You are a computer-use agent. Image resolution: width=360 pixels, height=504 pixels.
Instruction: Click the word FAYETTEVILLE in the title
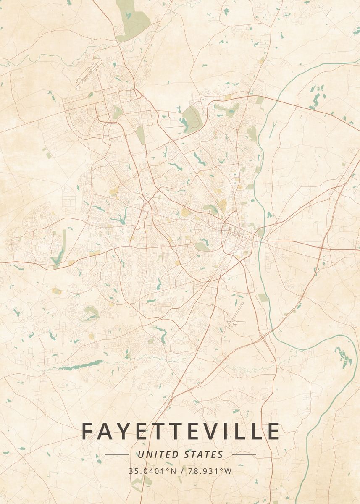180,431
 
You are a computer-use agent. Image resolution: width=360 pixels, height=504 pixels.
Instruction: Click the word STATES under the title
203,454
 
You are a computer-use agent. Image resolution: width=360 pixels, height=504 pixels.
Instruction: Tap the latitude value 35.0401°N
152,471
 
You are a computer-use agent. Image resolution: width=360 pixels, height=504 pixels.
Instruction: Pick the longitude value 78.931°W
210,471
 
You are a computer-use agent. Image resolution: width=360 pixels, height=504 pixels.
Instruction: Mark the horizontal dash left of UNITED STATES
116,454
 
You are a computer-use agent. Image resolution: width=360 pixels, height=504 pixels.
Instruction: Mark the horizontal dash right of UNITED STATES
244,454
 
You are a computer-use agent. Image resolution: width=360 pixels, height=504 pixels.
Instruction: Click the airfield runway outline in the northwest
89,73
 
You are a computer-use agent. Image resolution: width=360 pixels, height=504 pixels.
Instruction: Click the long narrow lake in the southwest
76,366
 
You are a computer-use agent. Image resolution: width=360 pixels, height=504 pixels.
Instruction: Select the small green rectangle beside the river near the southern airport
263,298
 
